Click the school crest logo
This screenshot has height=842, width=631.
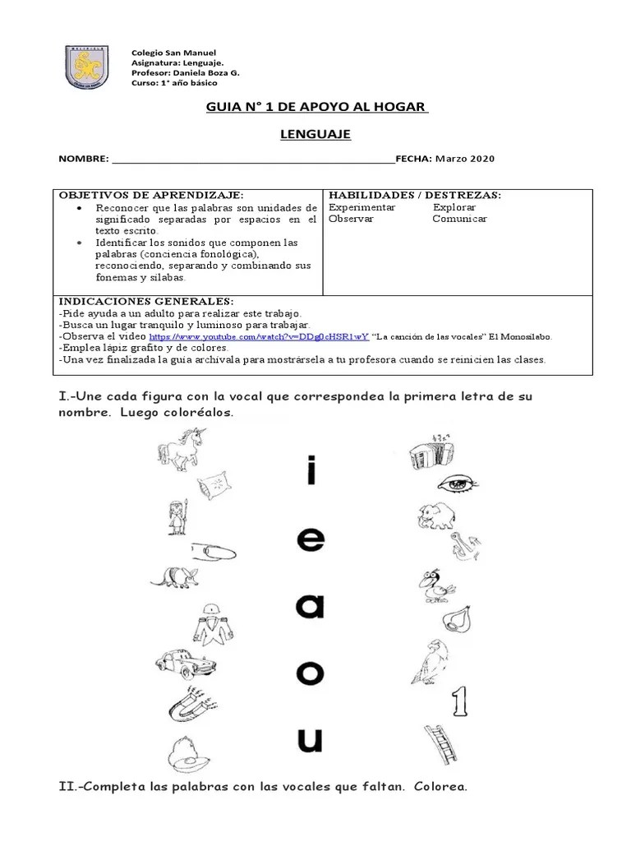pos(87,67)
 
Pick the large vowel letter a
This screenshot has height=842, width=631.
pos(311,606)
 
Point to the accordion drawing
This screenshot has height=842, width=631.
pos(430,448)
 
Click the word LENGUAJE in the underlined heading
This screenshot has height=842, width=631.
pos(315,134)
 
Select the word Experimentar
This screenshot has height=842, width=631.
pos(362,207)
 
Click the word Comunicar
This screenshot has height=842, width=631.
pos(459,219)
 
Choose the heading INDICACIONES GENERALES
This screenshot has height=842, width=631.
pos(146,302)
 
